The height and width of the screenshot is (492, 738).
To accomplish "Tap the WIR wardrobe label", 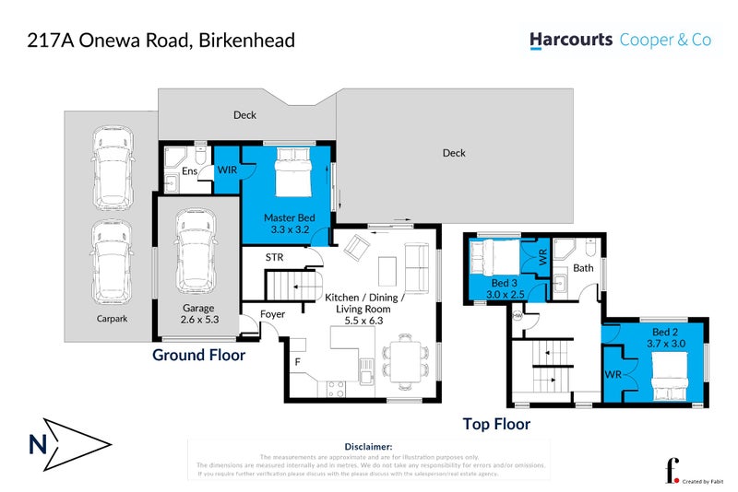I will pyautogui.click(x=226, y=170).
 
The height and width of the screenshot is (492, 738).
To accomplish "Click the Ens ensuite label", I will pyautogui.click(x=189, y=171).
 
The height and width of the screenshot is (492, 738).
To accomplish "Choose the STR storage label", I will pyautogui.click(x=274, y=257).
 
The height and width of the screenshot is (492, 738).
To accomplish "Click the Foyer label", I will pyautogui.click(x=272, y=314).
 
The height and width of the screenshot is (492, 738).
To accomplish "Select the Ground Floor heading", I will pyautogui.click(x=198, y=354).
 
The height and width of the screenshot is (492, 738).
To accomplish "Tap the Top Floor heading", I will pyautogui.click(x=496, y=424).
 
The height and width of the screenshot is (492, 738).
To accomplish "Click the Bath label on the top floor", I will pyautogui.click(x=583, y=269).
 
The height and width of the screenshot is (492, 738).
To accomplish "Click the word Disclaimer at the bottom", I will pyautogui.click(x=368, y=445).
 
